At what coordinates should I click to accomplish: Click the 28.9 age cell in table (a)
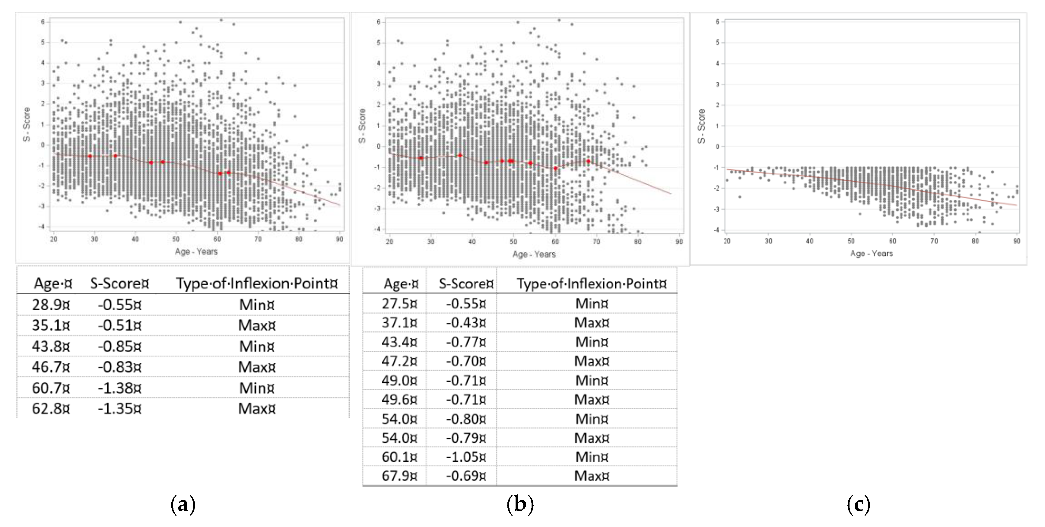[x=51, y=305]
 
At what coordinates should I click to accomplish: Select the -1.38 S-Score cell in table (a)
[x=119, y=388]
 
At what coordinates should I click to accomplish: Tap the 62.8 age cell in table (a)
[x=51, y=408]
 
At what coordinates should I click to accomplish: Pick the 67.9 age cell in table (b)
[x=399, y=475]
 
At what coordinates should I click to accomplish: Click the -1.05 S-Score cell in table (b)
[x=466, y=457]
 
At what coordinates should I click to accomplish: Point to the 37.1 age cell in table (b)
[x=399, y=323]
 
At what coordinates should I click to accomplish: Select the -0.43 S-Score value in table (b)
[x=466, y=323]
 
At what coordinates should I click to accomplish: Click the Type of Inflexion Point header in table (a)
[x=256, y=283]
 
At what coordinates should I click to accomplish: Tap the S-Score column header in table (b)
[x=466, y=283]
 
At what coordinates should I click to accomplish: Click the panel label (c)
[x=858, y=505]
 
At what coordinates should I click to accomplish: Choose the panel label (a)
[x=183, y=505]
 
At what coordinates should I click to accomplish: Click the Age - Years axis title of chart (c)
[x=871, y=253]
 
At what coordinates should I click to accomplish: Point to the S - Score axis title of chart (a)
[x=27, y=124]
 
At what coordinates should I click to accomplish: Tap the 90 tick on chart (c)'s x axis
[x=1017, y=241]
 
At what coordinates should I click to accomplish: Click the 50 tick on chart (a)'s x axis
[x=176, y=239]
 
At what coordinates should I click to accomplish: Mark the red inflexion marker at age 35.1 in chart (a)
[x=115, y=155]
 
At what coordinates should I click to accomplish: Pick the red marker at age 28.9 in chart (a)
[x=90, y=156]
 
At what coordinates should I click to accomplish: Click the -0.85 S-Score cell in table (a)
[x=119, y=346]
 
